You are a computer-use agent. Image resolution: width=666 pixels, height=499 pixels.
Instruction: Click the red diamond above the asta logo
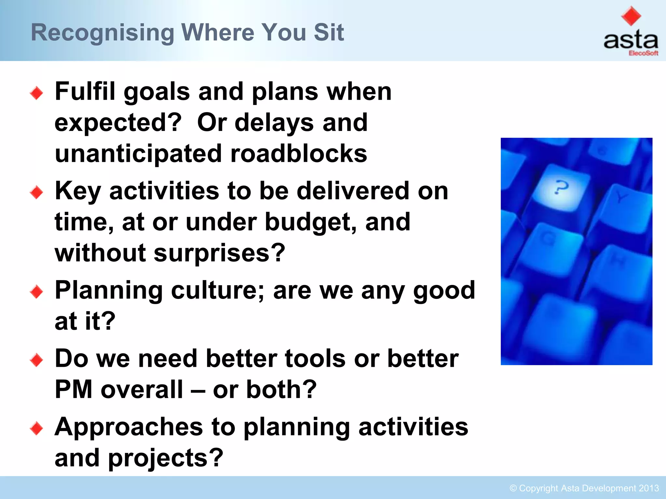coord(631,16)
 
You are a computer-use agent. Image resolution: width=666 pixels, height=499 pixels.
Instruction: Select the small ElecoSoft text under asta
coord(643,53)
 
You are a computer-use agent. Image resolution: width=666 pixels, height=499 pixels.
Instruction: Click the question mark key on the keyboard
coord(561,188)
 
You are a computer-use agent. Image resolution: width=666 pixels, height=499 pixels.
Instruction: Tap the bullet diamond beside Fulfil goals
coord(36,93)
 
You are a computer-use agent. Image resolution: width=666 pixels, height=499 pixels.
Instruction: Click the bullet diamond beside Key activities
coord(36,193)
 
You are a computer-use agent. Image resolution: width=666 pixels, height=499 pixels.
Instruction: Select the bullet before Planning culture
coord(36,292)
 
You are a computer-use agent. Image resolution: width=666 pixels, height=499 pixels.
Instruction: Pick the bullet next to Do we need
coord(36,360)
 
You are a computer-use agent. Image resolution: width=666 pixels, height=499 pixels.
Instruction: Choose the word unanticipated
coord(138,154)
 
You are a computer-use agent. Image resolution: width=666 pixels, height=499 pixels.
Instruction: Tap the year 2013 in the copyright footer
coord(648,488)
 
